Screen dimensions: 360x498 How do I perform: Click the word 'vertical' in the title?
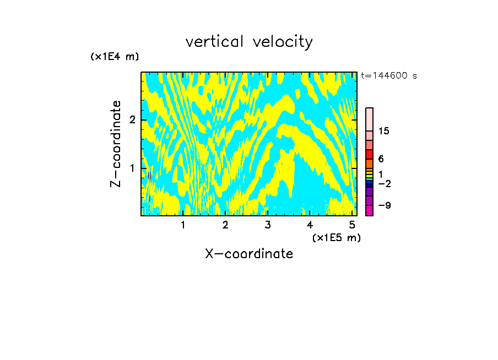pos(212,42)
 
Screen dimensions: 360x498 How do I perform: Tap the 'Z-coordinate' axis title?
pos(116,144)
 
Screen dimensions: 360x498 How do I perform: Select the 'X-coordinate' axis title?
pos(249,254)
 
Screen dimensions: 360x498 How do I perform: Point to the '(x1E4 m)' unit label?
pos(115,57)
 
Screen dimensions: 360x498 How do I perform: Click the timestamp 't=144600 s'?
pos(389,75)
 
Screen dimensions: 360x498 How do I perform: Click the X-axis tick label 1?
pos(183,225)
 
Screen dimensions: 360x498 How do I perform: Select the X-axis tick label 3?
pos(268,225)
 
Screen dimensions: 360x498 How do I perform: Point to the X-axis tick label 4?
pos(310,225)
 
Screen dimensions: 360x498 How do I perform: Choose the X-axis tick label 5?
pos(352,225)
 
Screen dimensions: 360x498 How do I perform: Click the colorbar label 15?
pos(384,132)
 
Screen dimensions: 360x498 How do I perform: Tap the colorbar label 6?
pos(381,159)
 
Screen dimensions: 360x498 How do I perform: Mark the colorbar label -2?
pos(384,183)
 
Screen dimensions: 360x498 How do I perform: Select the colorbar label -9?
pos(384,205)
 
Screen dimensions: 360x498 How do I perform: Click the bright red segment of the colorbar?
pos(370,154)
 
